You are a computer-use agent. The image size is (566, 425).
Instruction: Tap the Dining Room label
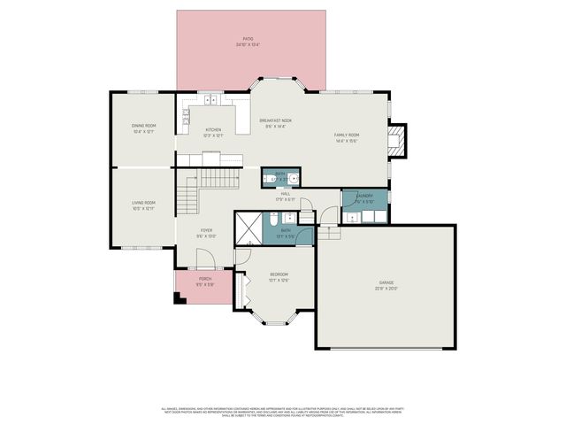pos(143,128)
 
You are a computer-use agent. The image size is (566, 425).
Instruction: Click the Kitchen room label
pos(213,133)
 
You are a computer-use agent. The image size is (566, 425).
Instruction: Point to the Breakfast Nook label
pos(275,123)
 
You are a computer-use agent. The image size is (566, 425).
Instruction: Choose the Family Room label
pos(346,137)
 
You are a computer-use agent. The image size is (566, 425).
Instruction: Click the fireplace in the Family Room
pos(401,139)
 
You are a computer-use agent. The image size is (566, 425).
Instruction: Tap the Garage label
pos(386,286)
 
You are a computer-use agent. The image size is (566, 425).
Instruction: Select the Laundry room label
pos(364,199)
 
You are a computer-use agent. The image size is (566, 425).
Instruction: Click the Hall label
pos(287,197)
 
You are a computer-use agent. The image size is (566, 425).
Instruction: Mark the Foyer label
pos(206,235)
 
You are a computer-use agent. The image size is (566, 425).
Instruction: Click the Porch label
pos(205,283)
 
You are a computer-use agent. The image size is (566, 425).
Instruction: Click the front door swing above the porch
pos(205,261)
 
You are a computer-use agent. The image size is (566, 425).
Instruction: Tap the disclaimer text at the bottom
pos(283,411)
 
